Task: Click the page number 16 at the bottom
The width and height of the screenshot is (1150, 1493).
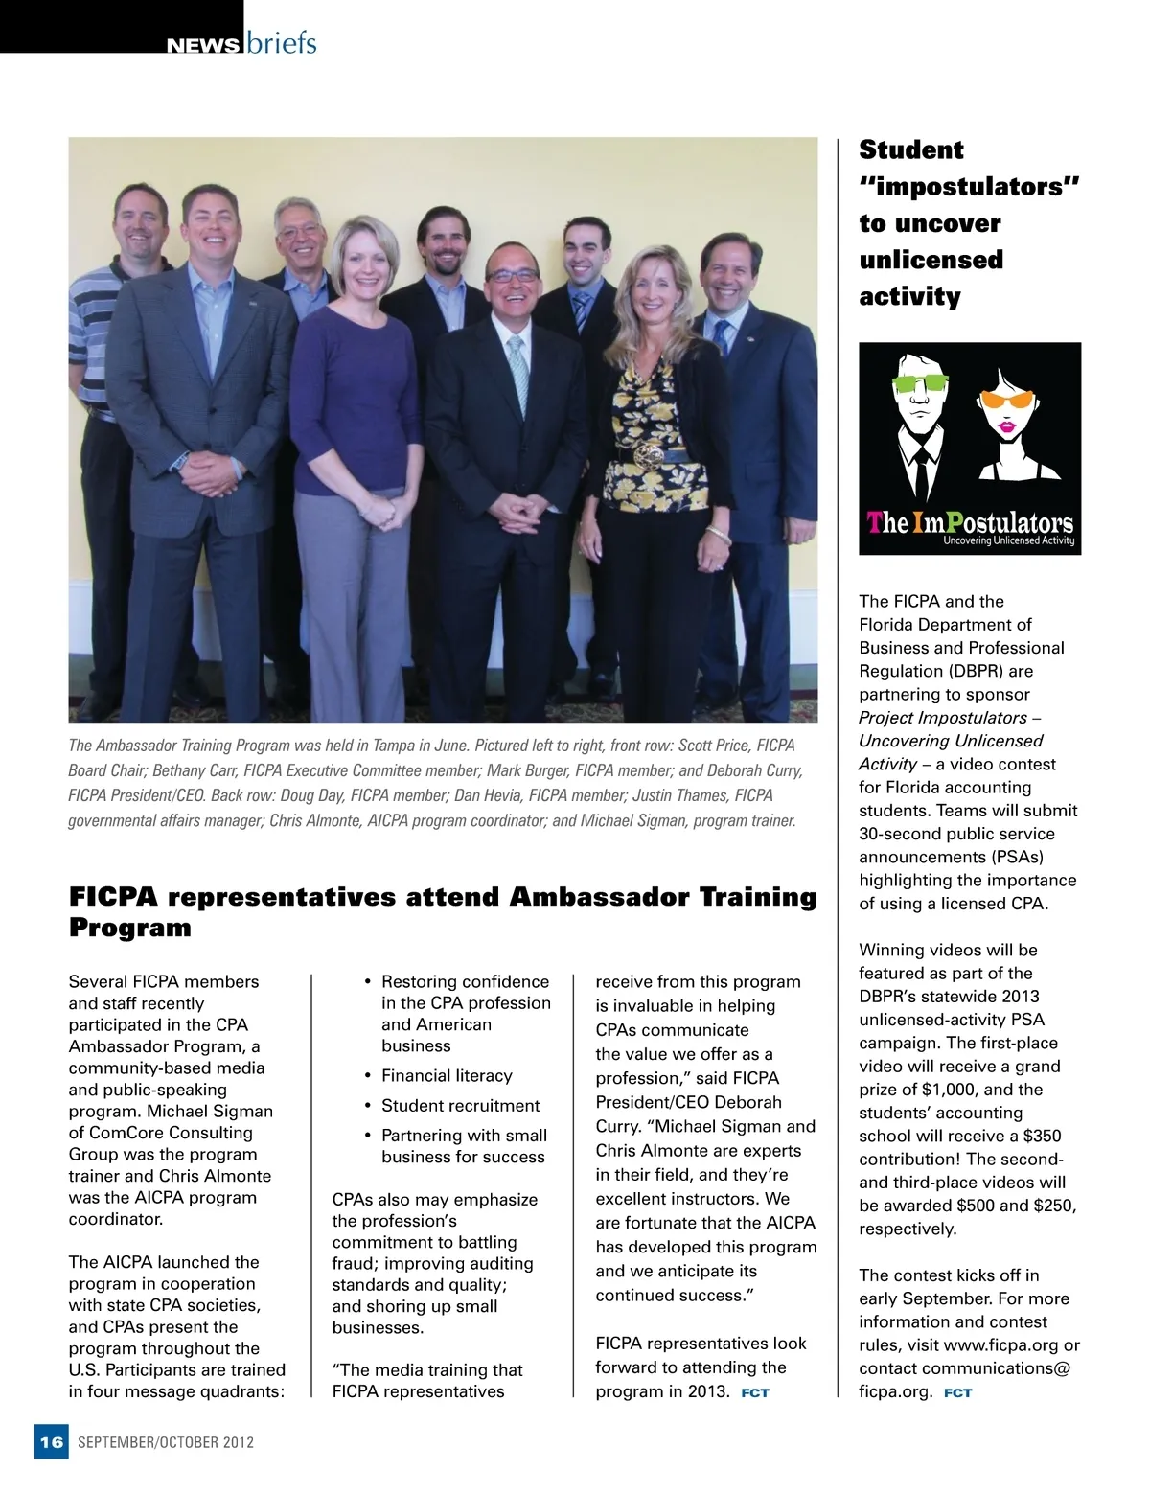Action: pyautogui.click(x=52, y=1442)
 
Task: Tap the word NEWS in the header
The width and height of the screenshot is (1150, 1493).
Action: pyautogui.click(x=202, y=45)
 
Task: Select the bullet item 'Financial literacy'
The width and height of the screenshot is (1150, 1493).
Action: pyautogui.click(x=447, y=1075)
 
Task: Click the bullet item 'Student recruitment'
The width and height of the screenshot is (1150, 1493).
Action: pyautogui.click(x=460, y=1105)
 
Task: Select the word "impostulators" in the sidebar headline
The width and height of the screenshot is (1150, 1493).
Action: pyautogui.click(x=970, y=186)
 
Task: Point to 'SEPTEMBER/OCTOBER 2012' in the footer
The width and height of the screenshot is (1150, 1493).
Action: pyautogui.click(x=166, y=1442)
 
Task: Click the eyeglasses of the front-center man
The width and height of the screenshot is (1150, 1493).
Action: pyautogui.click(x=513, y=275)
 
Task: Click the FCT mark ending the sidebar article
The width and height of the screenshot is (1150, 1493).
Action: pyautogui.click(x=957, y=1392)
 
